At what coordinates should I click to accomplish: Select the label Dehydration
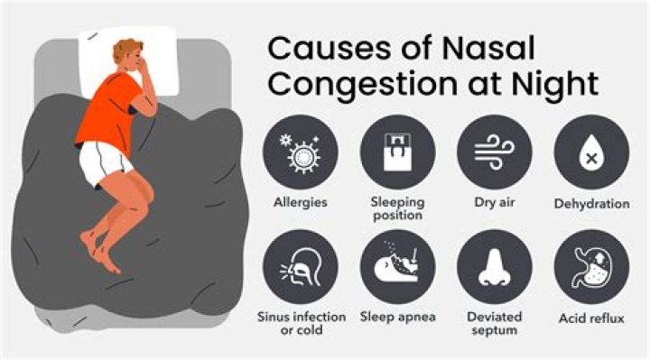click(x=591, y=204)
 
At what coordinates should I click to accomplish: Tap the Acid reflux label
click(x=591, y=318)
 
